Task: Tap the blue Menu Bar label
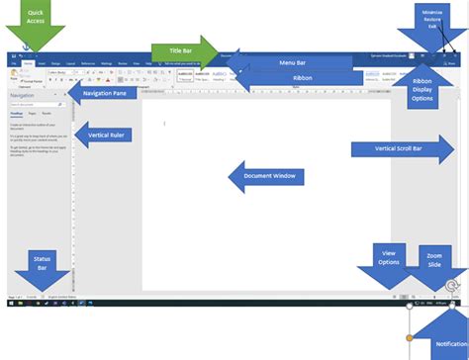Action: (291, 62)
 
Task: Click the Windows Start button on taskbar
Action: (11, 305)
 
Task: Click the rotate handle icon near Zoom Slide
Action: (451, 288)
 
